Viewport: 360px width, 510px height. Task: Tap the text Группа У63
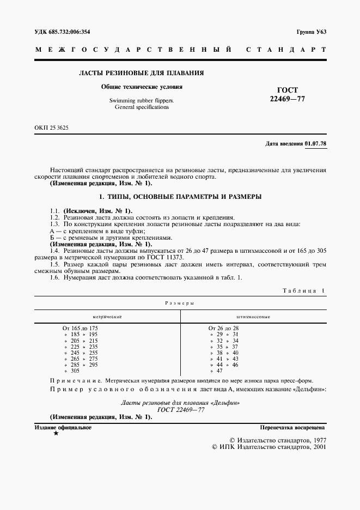pos(311,32)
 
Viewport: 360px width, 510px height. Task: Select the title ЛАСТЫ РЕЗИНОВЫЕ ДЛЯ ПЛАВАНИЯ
pos(142,72)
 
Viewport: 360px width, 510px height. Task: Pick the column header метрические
pos(107,316)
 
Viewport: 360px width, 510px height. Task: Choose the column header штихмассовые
pos(253,316)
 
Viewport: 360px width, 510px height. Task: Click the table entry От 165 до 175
pos(81,328)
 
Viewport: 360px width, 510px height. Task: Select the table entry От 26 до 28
pos(224,328)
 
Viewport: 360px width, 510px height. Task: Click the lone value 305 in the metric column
pos(76,371)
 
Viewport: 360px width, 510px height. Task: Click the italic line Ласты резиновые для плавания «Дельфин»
pos(179,402)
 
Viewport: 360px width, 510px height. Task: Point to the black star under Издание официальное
pos(56,433)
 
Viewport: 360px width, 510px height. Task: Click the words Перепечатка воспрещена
pos(292,428)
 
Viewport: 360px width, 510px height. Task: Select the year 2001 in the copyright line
pos(316,446)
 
